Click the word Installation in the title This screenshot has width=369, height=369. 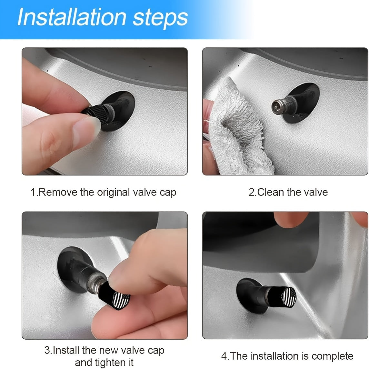coord(72,17)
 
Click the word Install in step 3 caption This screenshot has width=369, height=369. coord(66,350)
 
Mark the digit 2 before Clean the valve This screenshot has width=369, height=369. coord(252,193)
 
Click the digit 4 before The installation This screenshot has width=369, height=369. coord(224,356)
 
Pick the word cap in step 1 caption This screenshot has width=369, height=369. coord(168,193)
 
